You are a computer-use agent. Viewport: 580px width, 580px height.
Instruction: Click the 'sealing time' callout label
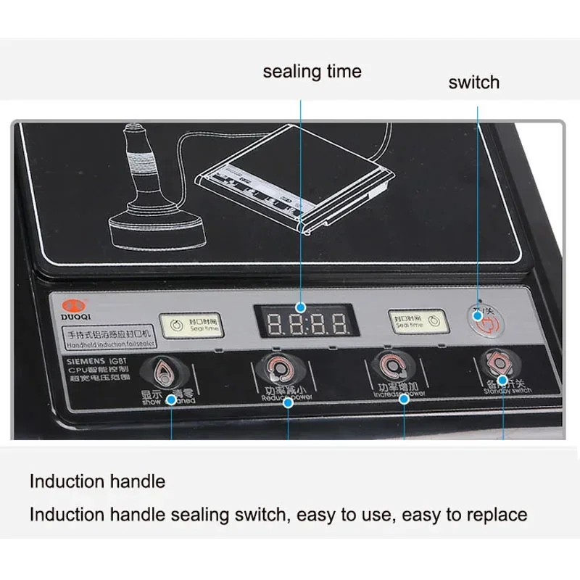[x=312, y=72]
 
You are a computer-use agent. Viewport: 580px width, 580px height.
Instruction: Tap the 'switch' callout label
[x=473, y=82]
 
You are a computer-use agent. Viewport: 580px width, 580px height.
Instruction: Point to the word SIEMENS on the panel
[x=84, y=360]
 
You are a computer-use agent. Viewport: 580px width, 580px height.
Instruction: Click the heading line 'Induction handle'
[x=97, y=481]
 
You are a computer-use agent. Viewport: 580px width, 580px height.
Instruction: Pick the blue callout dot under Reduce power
[x=288, y=402]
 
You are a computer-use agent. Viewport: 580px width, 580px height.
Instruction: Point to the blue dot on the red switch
[x=477, y=307]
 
